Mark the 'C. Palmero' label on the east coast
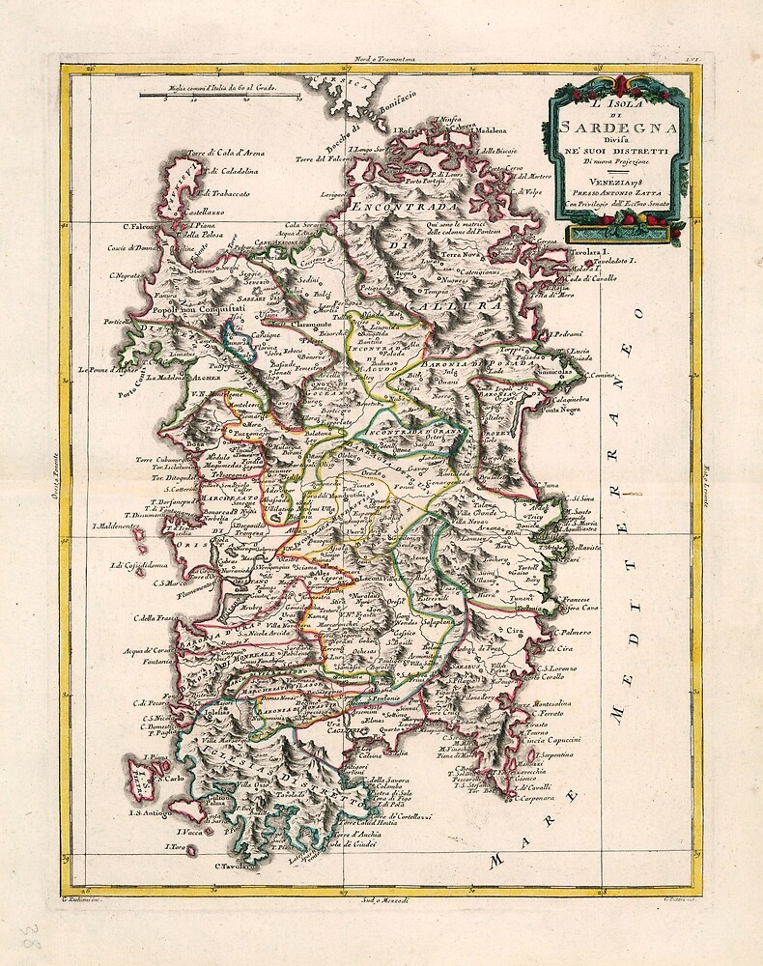[570, 633]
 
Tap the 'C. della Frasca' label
[155, 618]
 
